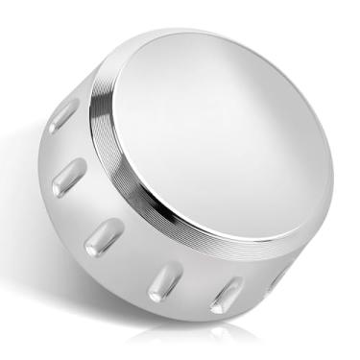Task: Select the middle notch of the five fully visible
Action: [104, 236]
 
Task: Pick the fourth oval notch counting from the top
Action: [164, 280]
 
